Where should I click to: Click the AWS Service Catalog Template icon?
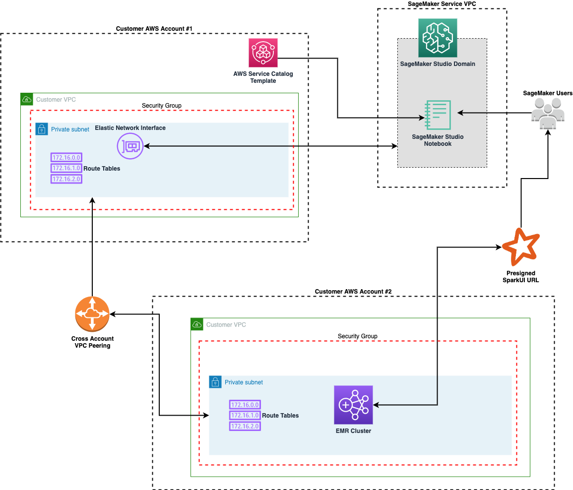(x=263, y=53)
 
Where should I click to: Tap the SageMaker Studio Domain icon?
(x=438, y=38)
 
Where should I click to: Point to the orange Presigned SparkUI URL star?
(x=520, y=246)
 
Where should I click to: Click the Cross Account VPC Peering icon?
(x=92, y=314)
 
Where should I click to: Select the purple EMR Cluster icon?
(x=353, y=405)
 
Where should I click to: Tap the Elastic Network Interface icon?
(x=130, y=146)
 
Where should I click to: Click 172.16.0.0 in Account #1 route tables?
(x=66, y=158)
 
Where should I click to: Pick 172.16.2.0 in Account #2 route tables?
(x=245, y=426)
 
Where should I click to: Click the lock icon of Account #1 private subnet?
(x=42, y=129)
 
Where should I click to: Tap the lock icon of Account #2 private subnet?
(x=215, y=382)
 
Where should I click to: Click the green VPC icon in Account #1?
(x=26, y=99)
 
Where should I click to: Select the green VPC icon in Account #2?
(x=197, y=324)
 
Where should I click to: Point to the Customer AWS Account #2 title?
(x=353, y=292)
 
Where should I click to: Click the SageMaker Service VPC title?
(x=442, y=3)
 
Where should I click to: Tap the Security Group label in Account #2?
(x=357, y=336)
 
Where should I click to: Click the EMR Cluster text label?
(x=353, y=431)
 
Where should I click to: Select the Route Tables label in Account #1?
(x=102, y=169)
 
